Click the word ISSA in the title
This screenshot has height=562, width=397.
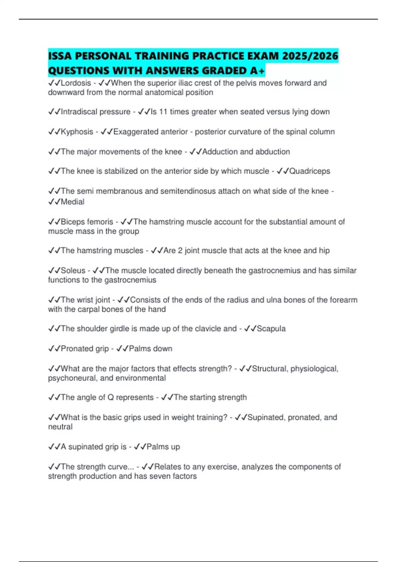tap(60, 56)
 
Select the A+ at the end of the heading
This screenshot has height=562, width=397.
tap(257, 71)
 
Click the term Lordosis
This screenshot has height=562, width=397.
tap(76, 83)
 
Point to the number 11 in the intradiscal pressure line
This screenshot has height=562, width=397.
tap(163, 112)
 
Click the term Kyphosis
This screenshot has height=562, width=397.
tap(77, 132)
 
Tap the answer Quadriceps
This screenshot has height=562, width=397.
tap(310, 171)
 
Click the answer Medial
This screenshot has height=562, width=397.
tap(72, 202)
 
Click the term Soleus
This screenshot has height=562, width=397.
tap(73, 270)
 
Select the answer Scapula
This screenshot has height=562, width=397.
tap(271, 329)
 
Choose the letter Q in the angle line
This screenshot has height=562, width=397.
tap(110, 397)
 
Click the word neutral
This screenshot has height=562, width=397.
tap(60, 427)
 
